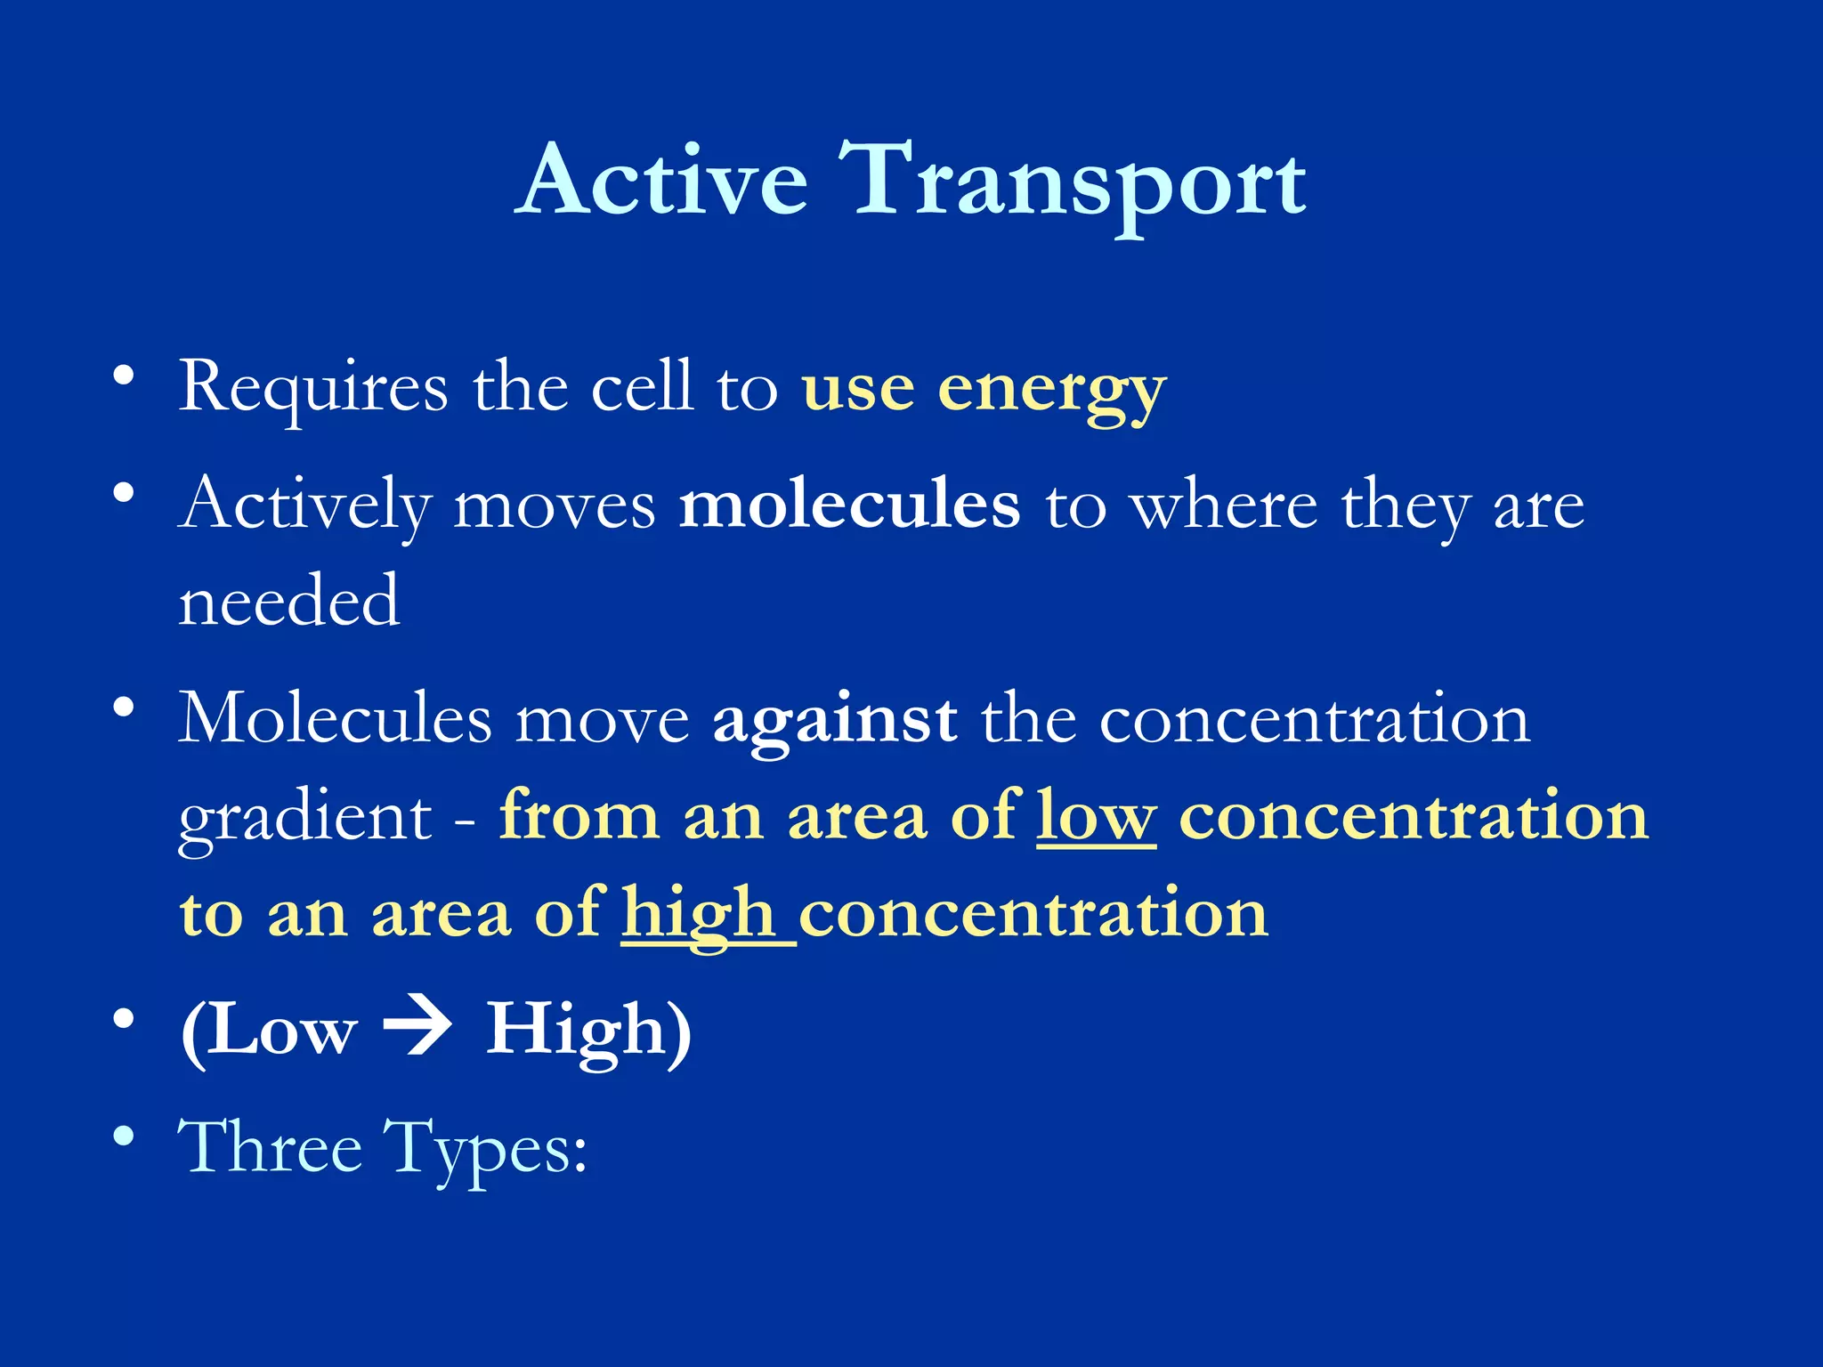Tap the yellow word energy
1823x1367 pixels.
[x=1051, y=392]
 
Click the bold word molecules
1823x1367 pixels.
[x=849, y=505]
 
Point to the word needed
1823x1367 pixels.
[x=289, y=602]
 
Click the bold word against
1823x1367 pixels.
[x=835, y=720]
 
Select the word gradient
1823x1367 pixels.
[x=305, y=817]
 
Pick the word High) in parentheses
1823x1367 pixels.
[x=588, y=1031]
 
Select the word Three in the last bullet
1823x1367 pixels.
[x=271, y=1147]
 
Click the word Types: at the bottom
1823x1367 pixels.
[x=486, y=1149]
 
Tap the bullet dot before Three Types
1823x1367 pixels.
[x=124, y=1136]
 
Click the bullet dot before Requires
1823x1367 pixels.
[x=124, y=375]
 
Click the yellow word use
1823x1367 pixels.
[x=857, y=392]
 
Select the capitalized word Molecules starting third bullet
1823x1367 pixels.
[x=335, y=718]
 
